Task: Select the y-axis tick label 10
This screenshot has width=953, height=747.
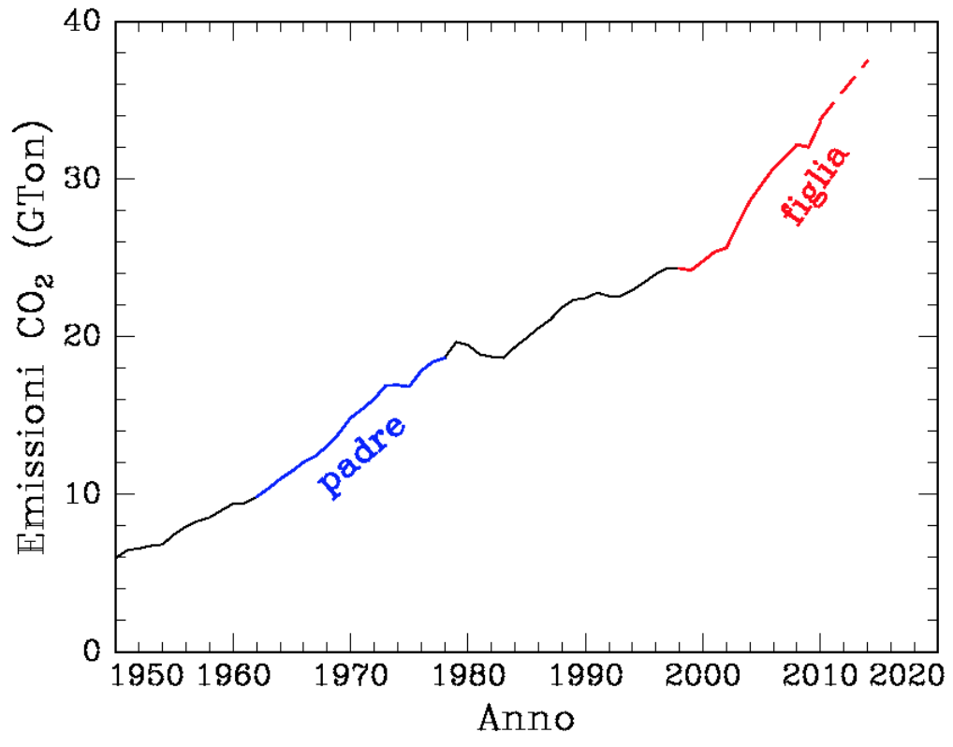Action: pos(82,493)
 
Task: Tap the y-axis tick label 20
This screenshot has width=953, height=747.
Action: pos(82,336)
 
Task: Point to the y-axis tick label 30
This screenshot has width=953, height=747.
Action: pos(82,179)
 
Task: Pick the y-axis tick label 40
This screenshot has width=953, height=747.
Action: pos(82,22)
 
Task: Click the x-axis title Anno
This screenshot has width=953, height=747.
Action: pos(526,719)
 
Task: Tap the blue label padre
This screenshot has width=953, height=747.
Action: pos(362,457)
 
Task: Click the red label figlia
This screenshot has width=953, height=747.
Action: pos(815,185)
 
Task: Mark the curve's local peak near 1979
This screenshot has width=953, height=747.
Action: pos(456,342)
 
